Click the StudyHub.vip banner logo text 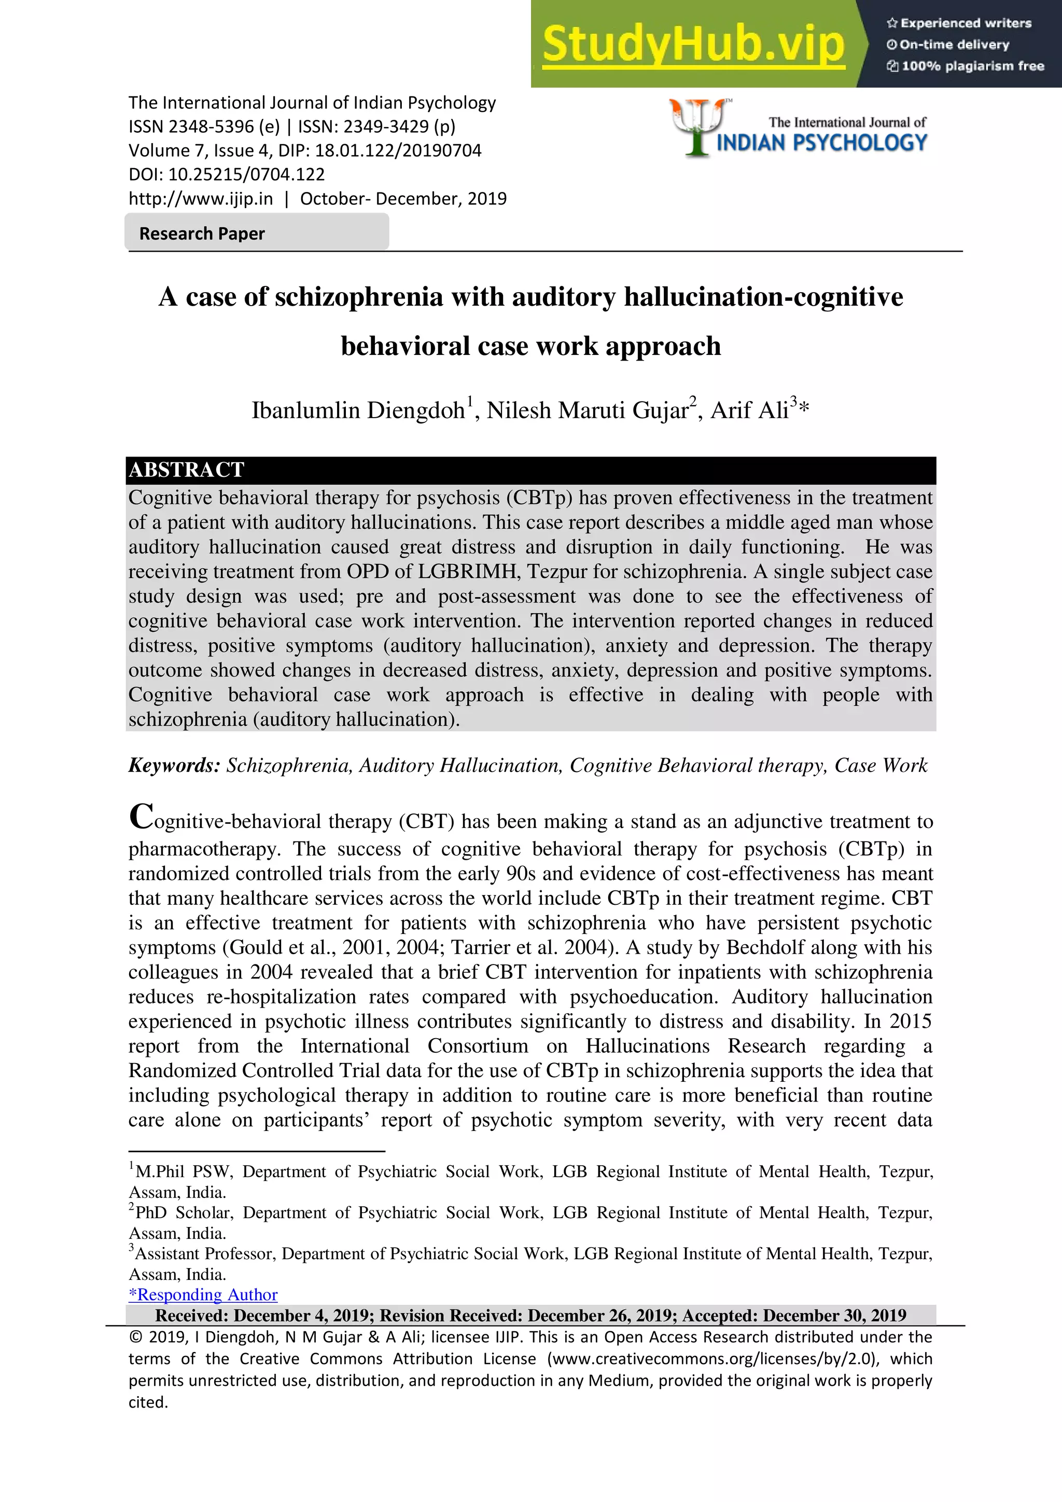point(693,45)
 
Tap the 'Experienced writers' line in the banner point(959,23)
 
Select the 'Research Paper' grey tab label point(202,233)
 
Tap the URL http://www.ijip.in point(200,199)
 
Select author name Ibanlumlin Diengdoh point(358,411)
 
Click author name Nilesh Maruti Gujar point(587,411)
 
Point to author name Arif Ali point(749,411)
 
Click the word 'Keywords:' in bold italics point(174,765)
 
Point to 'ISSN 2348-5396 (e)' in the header point(203,126)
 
